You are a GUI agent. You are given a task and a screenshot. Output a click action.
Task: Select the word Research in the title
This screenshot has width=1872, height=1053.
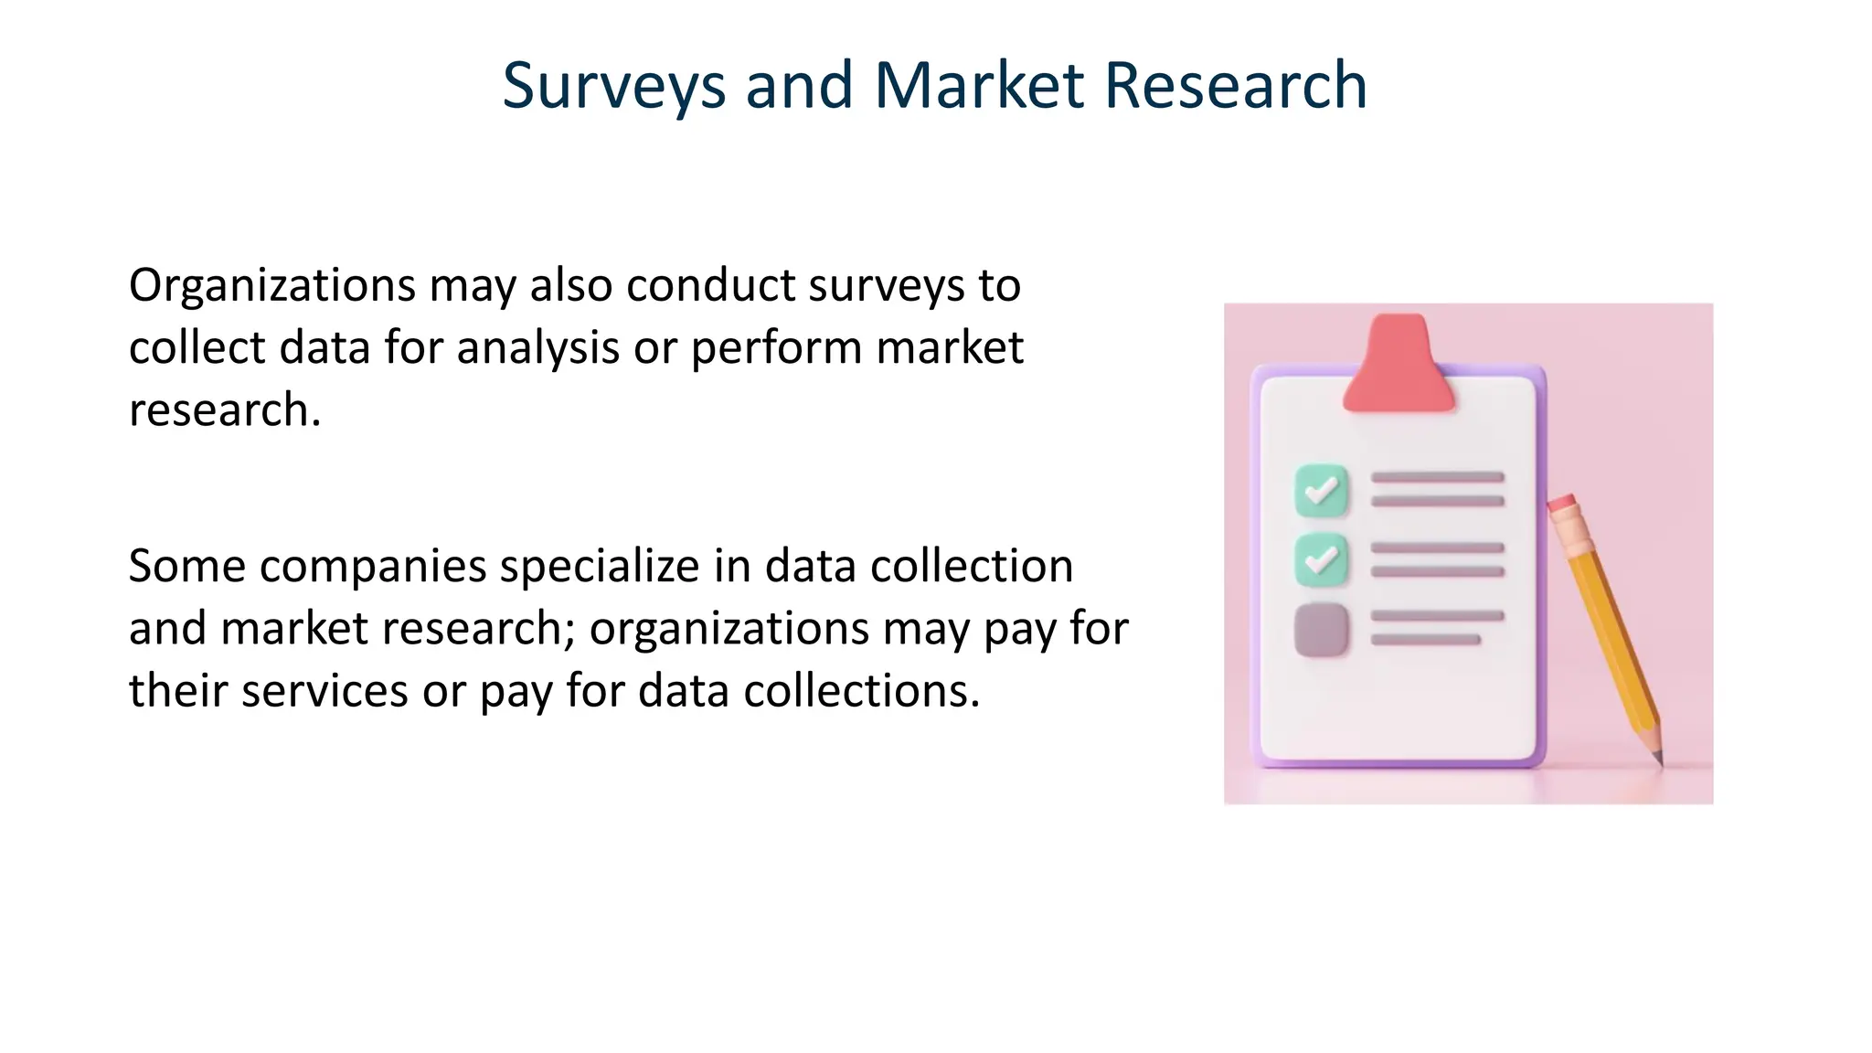(x=1235, y=85)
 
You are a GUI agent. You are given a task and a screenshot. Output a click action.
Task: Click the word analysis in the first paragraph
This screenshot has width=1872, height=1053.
(x=537, y=348)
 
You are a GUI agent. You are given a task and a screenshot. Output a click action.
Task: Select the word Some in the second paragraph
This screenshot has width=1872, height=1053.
(x=186, y=566)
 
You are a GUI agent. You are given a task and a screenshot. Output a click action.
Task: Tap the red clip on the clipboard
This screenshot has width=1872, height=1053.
(x=1398, y=364)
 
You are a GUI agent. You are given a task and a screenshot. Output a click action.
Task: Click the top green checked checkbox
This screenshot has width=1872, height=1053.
(x=1322, y=491)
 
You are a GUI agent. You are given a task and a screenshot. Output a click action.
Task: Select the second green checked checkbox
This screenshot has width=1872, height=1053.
(x=1322, y=559)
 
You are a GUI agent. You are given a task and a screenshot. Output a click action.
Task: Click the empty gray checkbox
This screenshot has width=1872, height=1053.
(x=1322, y=629)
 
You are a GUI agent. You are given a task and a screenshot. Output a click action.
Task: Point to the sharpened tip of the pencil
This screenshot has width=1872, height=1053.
(x=1658, y=759)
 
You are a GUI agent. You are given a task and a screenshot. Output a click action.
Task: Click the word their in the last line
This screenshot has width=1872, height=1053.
(x=177, y=690)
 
